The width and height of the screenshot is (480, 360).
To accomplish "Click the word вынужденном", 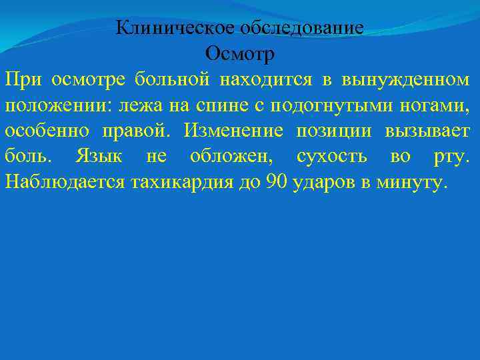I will click(405, 79).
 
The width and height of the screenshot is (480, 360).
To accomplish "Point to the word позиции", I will click(334, 130).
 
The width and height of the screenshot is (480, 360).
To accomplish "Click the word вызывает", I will click(427, 130).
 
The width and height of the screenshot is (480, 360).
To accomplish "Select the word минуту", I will click(407, 181).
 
